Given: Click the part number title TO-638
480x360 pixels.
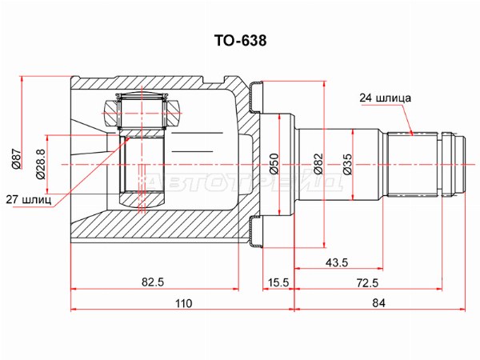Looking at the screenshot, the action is pyautogui.click(x=240, y=41).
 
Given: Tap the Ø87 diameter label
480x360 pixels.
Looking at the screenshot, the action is pyautogui.click(x=16, y=158).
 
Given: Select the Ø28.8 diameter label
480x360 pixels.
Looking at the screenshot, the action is pyautogui.click(x=41, y=164).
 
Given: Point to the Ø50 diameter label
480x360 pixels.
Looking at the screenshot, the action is pyautogui.click(x=274, y=164).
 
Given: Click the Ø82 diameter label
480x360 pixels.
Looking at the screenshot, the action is pyautogui.click(x=318, y=164).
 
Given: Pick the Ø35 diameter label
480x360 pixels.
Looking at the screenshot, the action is pyautogui.click(x=347, y=164).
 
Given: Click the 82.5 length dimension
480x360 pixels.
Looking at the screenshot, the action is pyautogui.click(x=153, y=282).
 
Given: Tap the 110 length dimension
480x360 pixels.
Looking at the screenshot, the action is pyautogui.click(x=184, y=303).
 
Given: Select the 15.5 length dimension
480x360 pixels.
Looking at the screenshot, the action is pyautogui.click(x=278, y=282).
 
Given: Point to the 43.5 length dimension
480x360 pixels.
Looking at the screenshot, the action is pyautogui.click(x=337, y=262).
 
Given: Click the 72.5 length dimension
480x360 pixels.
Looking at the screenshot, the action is pyautogui.click(x=367, y=282).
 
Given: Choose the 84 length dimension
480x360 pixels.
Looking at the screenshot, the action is pyautogui.click(x=378, y=303).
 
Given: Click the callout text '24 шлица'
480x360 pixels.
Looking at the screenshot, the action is pyautogui.click(x=385, y=98).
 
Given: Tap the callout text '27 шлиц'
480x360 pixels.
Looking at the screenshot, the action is pyautogui.click(x=29, y=200).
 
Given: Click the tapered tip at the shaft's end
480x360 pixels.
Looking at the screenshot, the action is pyautogui.click(x=460, y=164).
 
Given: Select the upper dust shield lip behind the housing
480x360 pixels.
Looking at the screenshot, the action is pyautogui.click(x=256, y=98).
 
